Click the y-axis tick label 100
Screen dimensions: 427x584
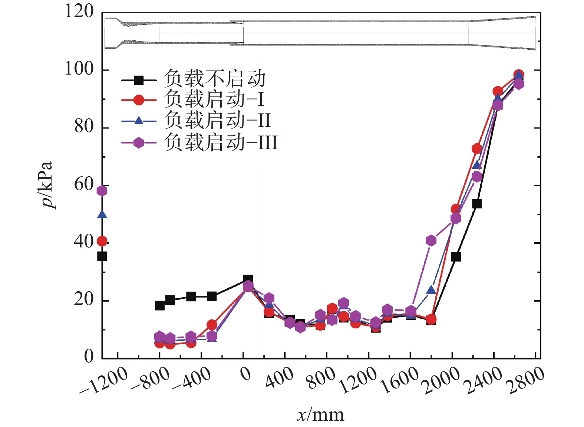click(x=79, y=69)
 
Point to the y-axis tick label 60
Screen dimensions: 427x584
click(x=83, y=184)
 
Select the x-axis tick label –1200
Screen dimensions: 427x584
click(x=104, y=382)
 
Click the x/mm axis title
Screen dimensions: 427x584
click(x=320, y=415)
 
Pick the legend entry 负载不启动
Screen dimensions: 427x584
click(x=215, y=79)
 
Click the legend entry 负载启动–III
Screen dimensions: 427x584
click(x=221, y=142)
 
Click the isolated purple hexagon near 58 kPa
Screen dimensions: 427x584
click(x=102, y=191)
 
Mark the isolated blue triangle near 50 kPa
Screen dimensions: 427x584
click(x=102, y=214)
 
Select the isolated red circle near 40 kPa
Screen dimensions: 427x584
click(x=102, y=241)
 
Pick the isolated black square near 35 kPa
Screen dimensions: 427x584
click(x=102, y=256)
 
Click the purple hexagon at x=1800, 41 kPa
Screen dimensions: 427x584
click(x=431, y=240)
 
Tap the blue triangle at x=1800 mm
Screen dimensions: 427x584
click(x=431, y=290)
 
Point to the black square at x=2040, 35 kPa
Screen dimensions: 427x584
click(x=456, y=257)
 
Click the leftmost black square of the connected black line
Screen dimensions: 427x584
click(x=159, y=306)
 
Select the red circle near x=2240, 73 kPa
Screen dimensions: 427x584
click(x=477, y=149)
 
